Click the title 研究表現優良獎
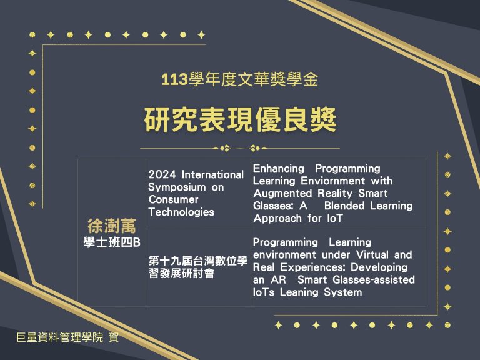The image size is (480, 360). pyautogui.click(x=240, y=119)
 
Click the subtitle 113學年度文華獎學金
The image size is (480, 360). pyautogui.click(x=240, y=79)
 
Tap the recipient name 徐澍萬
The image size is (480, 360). pyautogui.click(x=112, y=226)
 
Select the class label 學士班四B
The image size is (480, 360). pyautogui.click(x=112, y=242)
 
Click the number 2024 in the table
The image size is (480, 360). pyautogui.click(x=162, y=174)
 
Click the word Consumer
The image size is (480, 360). pyautogui.click(x=174, y=199)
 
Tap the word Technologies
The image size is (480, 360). pyautogui.click(x=181, y=212)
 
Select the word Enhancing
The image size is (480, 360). pyautogui.click(x=279, y=168)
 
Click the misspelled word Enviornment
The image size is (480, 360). pyautogui.click(x=332, y=181)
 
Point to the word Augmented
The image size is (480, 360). pyautogui.click(x=282, y=194)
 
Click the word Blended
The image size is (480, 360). pyautogui.click(x=344, y=206)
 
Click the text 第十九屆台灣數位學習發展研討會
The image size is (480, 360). pyautogui.click(x=198, y=267)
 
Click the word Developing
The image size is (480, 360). pyautogui.click(x=379, y=267)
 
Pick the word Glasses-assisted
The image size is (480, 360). pyautogui.click(x=374, y=280)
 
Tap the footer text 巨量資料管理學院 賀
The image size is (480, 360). pyautogui.click(x=67, y=337)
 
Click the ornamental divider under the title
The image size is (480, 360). pyautogui.click(x=240, y=148)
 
